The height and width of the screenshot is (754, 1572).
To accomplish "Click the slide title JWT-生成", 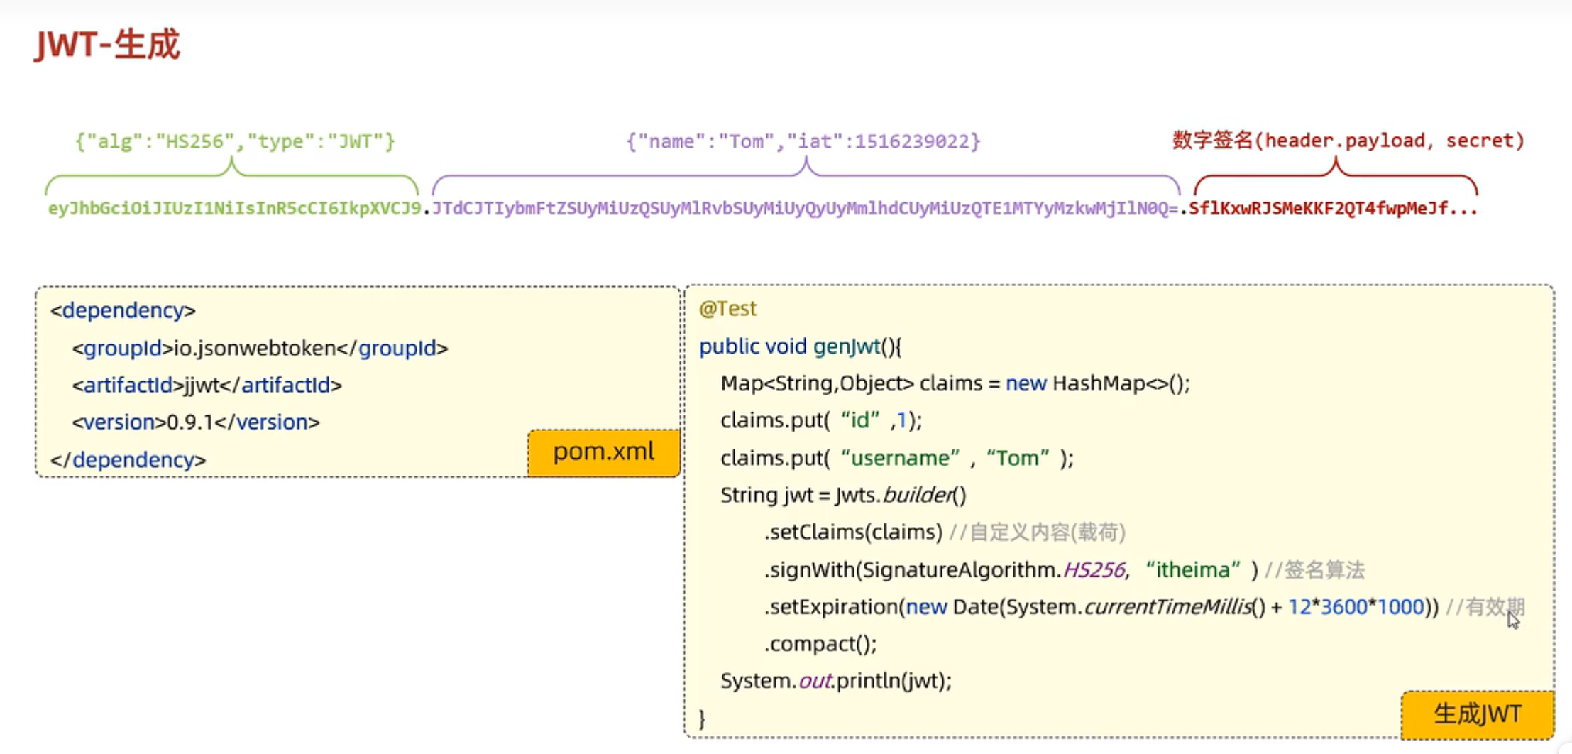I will [107, 45].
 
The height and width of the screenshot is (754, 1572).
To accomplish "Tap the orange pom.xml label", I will [603, 452].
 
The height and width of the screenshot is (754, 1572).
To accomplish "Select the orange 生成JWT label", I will [1477, 714].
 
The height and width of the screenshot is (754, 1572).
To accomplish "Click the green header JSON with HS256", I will [235, 141].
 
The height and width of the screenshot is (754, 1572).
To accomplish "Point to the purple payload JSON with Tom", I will [803, 141].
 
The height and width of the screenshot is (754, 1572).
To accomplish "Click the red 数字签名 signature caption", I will [1348, 141].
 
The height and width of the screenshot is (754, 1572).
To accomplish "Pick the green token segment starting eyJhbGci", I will [234, 209].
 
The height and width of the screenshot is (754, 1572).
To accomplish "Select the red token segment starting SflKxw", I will [1332, 209].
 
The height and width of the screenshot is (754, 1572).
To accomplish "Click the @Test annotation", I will [727, 309].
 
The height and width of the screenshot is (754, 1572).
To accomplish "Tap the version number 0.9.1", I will [189, 422].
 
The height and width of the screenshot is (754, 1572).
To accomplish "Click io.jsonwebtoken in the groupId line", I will [255, 349].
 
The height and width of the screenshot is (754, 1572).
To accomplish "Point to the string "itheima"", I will [1192, 570].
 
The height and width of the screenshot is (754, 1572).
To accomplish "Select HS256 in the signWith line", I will [1094, 570].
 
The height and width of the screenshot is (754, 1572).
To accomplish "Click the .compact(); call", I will [820, 644].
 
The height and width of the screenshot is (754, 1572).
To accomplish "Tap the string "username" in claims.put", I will [900, 459].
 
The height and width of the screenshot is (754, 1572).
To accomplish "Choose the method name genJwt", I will [846, 346].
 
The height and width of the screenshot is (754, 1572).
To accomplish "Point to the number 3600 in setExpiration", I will [1343, 607].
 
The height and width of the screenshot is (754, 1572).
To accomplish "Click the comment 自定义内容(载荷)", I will [1047, 532].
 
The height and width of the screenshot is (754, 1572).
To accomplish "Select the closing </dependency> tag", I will [128, 460].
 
